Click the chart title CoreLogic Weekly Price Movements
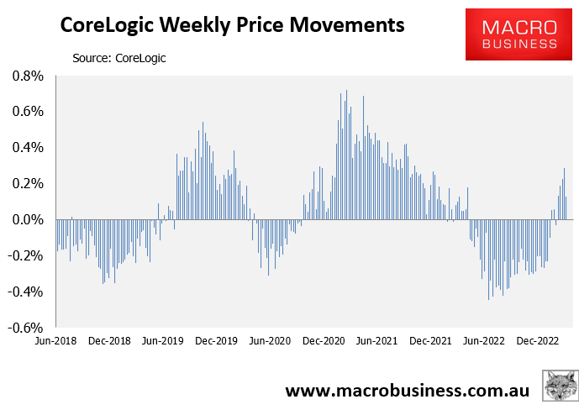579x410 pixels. pyautogui.click(x=231, y=26)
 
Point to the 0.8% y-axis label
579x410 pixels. pyautogui.click(x=28, y=76)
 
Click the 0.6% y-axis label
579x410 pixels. pyautogui.click(x=28, y=112)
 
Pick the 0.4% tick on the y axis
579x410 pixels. pyautogui.click(x=28, y=148)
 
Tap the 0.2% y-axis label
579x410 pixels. pyautogui.click(x=28, y=184)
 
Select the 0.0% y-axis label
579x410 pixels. pyautogui.click(x=28, y=220)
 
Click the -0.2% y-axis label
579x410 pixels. pyautogui.click(x=26, y=256)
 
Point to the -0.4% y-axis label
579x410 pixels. pyautogui.click(x=26, y=292)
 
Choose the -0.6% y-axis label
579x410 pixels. pyautogui.click(x=26, y=329)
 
